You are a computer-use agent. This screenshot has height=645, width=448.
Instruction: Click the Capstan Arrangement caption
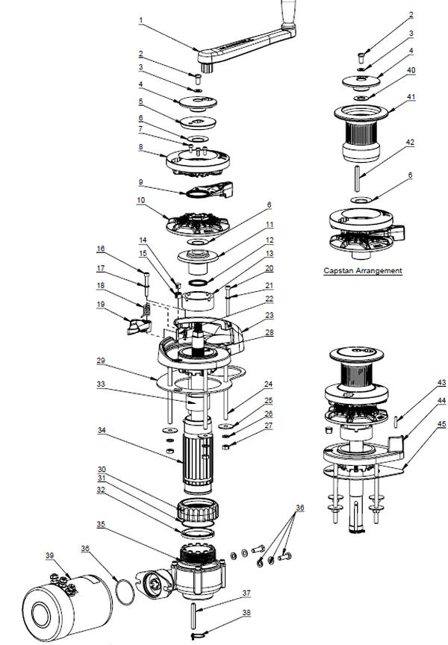point(362,271)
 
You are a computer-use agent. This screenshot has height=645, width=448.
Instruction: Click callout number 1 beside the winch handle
point(141,19)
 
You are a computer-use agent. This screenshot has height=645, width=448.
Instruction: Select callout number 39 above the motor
point(50,555)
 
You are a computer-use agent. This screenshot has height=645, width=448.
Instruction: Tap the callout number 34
point(102,430)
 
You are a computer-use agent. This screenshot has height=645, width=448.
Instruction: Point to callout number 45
point(441,424)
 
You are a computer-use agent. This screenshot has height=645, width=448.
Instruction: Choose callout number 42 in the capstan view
point(410,143)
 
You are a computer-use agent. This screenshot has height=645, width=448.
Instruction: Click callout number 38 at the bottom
point(246,612)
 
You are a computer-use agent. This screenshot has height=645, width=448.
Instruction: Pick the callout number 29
point(101,361)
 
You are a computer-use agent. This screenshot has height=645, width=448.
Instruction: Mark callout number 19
point(101,305)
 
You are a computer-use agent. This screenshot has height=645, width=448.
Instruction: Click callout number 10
point(141,200)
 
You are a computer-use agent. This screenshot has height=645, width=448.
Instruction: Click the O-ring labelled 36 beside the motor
point(125,591)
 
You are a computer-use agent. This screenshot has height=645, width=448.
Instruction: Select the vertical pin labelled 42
point(358,178)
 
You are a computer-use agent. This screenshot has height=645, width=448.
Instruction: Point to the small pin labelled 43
point(396,422)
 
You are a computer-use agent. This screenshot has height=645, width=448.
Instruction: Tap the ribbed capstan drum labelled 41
point(361,133)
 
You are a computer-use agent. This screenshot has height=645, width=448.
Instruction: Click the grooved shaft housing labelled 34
point(197,457)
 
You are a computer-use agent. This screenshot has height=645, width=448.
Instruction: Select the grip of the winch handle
point(287,13)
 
